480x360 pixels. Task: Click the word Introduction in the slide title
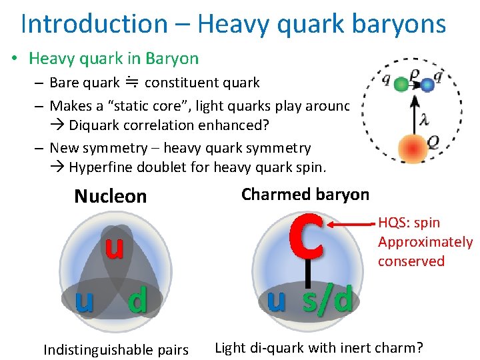(94, 23)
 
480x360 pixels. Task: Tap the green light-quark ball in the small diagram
(401, 85)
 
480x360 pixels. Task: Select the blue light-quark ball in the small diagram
(427, 85)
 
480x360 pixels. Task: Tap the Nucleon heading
(110, 196)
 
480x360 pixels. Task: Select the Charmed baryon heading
(305, 194)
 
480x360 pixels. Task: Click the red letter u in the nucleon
(114, 247)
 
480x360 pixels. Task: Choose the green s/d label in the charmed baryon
(327, 299)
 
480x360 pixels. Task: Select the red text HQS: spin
(409, 223)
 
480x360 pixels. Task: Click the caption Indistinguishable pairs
(115, 349)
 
